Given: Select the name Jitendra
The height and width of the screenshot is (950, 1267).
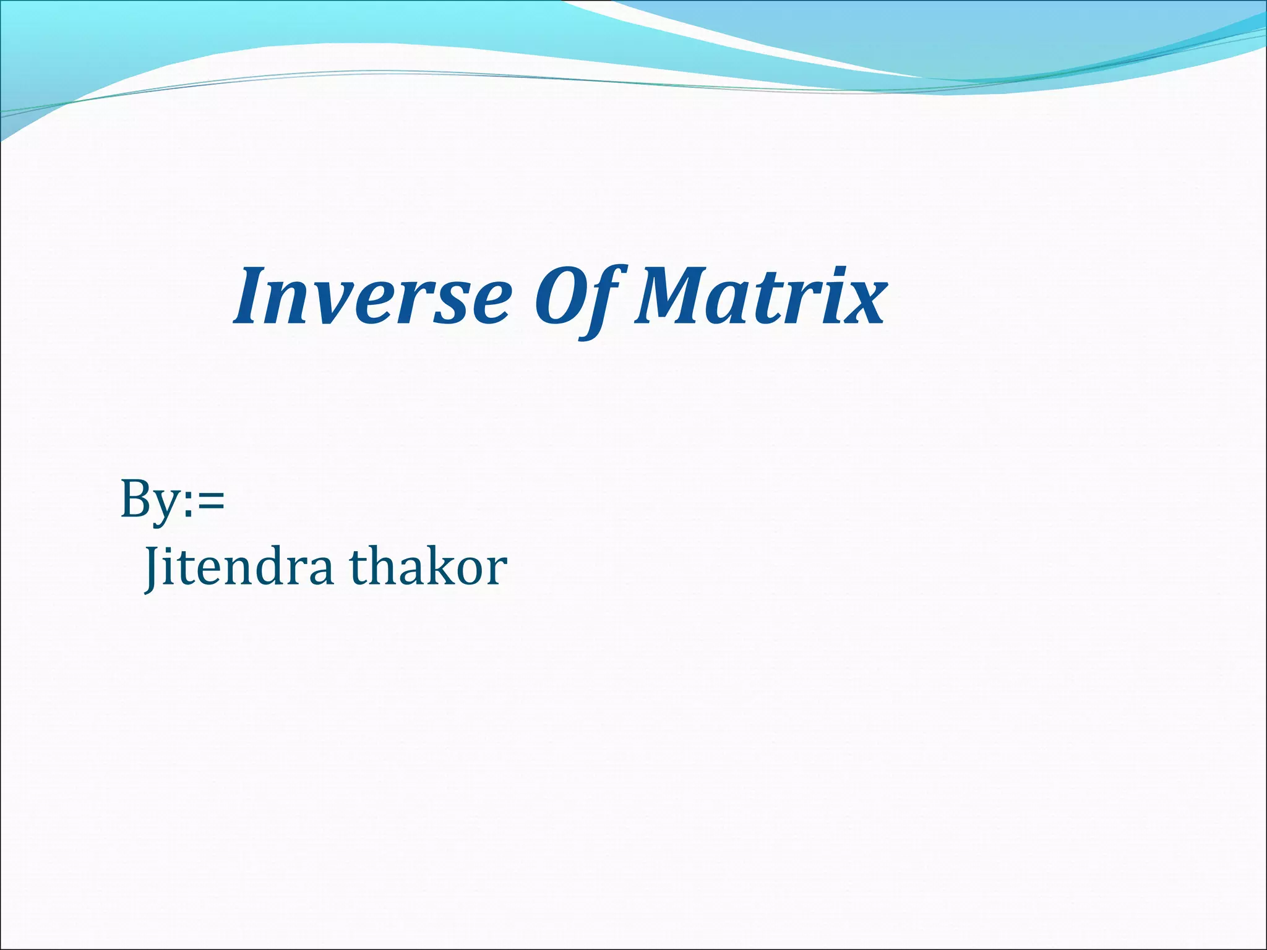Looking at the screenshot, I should (x=238, y=568).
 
